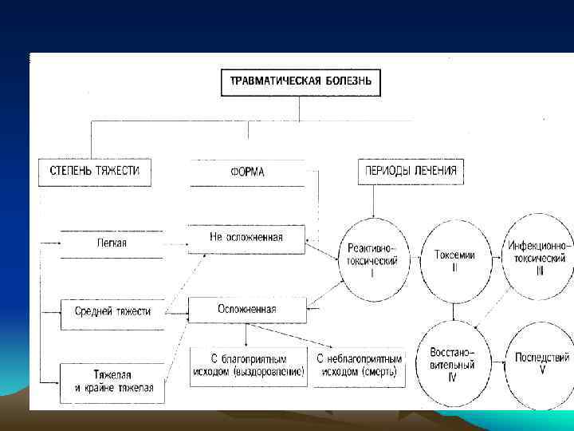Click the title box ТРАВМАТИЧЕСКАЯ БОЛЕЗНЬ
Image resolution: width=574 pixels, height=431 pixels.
(300, 81)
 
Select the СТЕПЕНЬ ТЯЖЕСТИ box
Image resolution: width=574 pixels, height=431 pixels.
(95, 172)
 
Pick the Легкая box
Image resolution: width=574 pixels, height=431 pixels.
(112, 243)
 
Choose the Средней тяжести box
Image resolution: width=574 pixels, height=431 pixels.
(112, 310)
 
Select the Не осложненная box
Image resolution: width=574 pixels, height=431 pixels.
(246, 238)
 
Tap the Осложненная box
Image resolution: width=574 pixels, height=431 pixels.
(246, 309)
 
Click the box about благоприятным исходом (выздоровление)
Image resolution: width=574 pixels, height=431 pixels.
(248, 366)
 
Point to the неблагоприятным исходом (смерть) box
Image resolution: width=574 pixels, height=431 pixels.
(360, 366)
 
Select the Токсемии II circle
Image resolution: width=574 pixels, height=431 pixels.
(455, 259)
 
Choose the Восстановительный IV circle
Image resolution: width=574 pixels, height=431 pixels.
(453, 363)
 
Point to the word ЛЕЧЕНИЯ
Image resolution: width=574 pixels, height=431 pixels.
(435, 172)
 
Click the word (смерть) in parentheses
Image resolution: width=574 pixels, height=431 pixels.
(383, 372)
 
